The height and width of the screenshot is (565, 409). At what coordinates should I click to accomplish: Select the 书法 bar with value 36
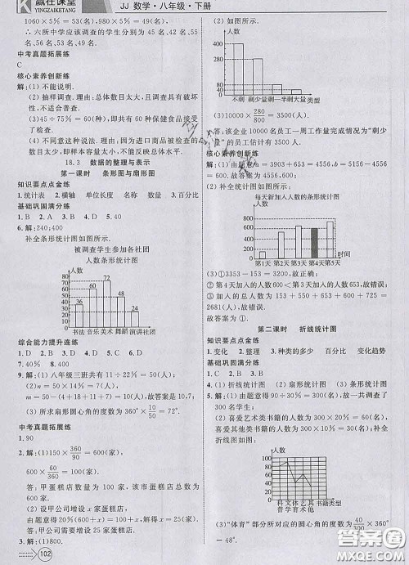pos(79,315)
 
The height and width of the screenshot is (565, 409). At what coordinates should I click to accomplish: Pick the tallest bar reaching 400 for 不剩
pos(238,70)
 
